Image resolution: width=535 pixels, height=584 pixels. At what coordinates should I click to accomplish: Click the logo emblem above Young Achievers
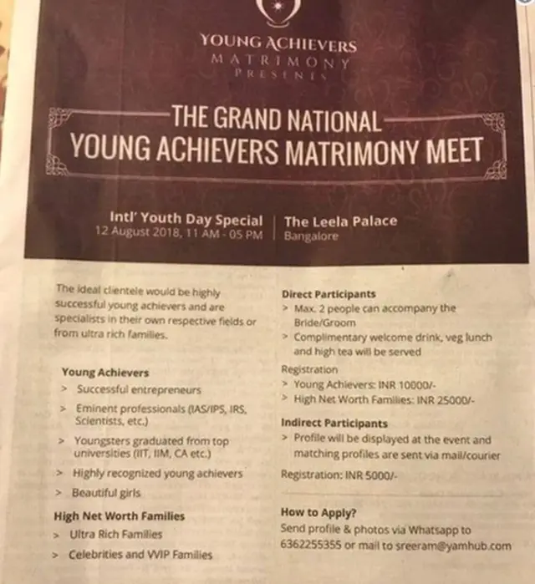point(277,11)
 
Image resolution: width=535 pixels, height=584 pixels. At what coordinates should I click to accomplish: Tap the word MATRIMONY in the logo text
point(280,60)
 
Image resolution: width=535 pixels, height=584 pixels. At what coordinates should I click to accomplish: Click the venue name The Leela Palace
point(340,221)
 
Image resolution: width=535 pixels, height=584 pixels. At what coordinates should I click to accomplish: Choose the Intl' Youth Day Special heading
point(186,221)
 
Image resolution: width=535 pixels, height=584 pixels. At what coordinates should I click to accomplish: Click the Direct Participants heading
point(329,294)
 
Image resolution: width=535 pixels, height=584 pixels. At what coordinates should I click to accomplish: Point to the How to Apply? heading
point(318,514)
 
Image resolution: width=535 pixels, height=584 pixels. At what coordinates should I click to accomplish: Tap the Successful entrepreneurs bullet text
point(138,389)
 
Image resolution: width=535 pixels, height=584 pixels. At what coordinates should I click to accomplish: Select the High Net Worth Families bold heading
point(119,515)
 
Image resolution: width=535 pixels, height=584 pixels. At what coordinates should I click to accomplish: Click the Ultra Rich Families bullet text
point(118,534)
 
